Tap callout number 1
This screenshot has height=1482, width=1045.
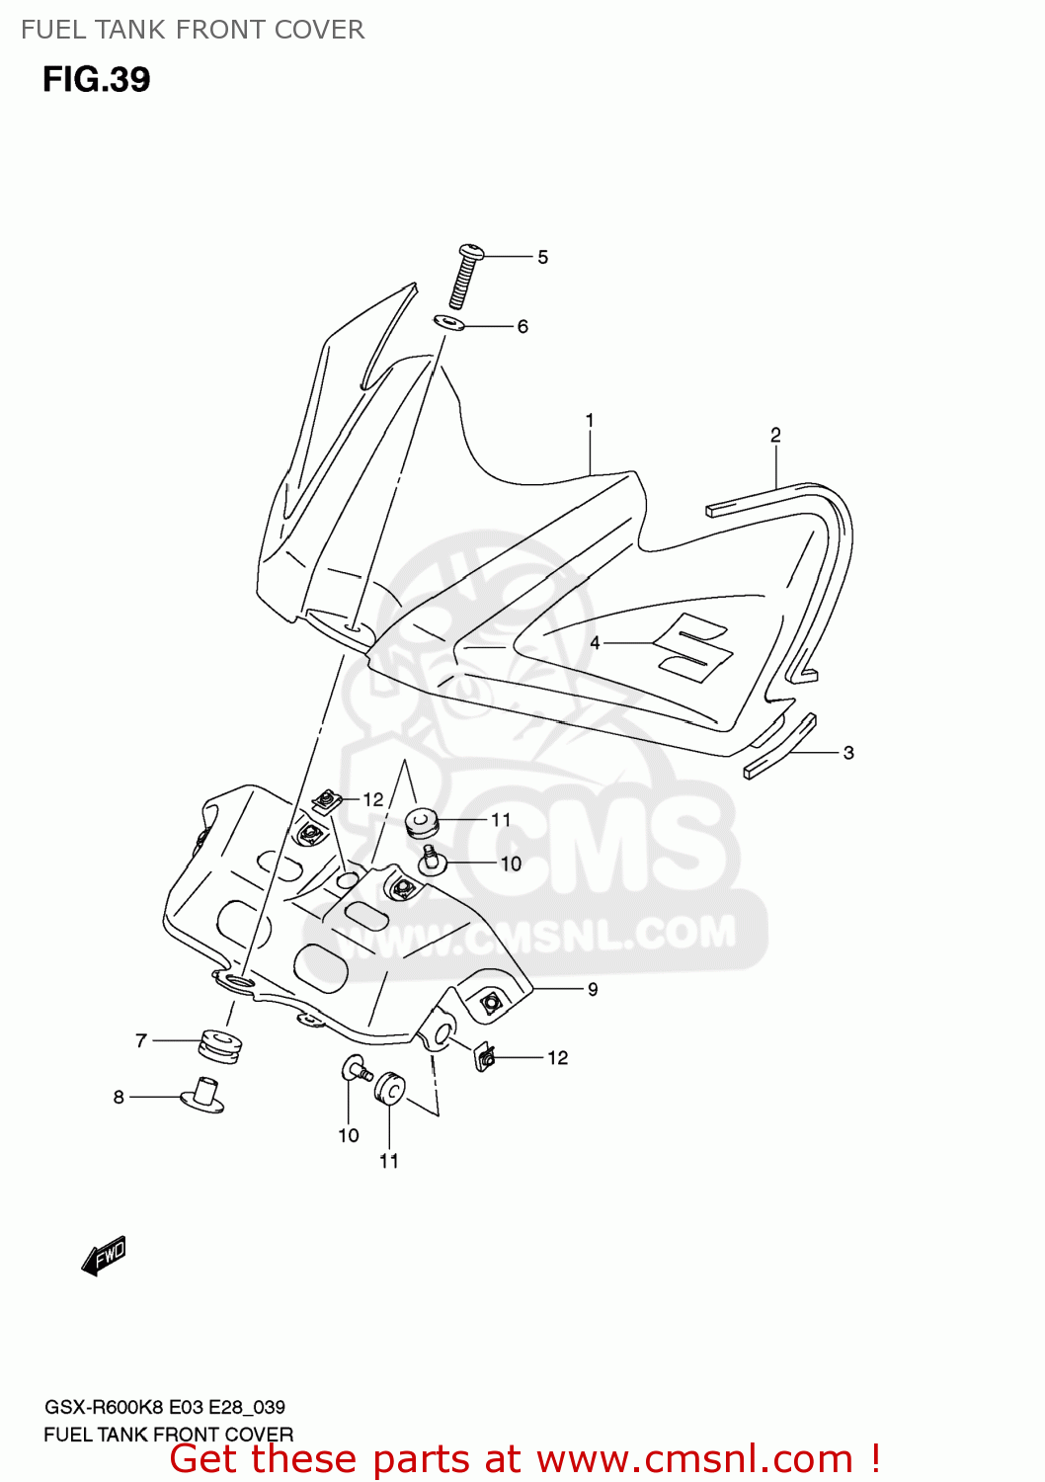point(590,421)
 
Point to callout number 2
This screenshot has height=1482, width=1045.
point(775,435)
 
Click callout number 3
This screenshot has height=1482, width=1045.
point(848,753)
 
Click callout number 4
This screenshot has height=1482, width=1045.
point(595,643)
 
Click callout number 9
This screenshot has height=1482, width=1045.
point(593,989)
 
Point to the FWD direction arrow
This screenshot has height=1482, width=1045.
point(105,1256)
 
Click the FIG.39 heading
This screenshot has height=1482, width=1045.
point(96,79)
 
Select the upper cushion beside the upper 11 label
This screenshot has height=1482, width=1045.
point(422,821)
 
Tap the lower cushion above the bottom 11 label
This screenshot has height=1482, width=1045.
point(389,1089)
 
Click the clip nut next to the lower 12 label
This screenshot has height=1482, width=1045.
point(484,1058)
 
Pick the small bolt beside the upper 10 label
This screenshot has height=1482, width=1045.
point(432,860)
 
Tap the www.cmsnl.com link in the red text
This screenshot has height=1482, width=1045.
point(694,1458)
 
